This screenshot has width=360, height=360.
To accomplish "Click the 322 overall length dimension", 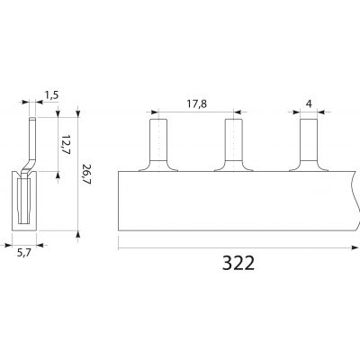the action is click(x=238, y=263).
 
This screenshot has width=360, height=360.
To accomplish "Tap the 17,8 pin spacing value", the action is click(x=197, y=104).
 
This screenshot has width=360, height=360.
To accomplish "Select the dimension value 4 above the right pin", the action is click(x=309, y=103).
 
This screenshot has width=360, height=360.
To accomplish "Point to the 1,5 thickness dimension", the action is click(x=51, y=95).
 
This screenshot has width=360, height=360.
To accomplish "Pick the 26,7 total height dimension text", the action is click(x=86, y=175).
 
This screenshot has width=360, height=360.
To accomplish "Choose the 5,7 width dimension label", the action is click(x=23, y=253).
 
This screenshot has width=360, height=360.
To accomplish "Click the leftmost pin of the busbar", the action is click(x=158, y=145).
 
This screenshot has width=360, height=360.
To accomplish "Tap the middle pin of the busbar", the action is click(x=234, y=145).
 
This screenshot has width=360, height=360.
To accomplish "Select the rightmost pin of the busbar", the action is click(x=309, y=145).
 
